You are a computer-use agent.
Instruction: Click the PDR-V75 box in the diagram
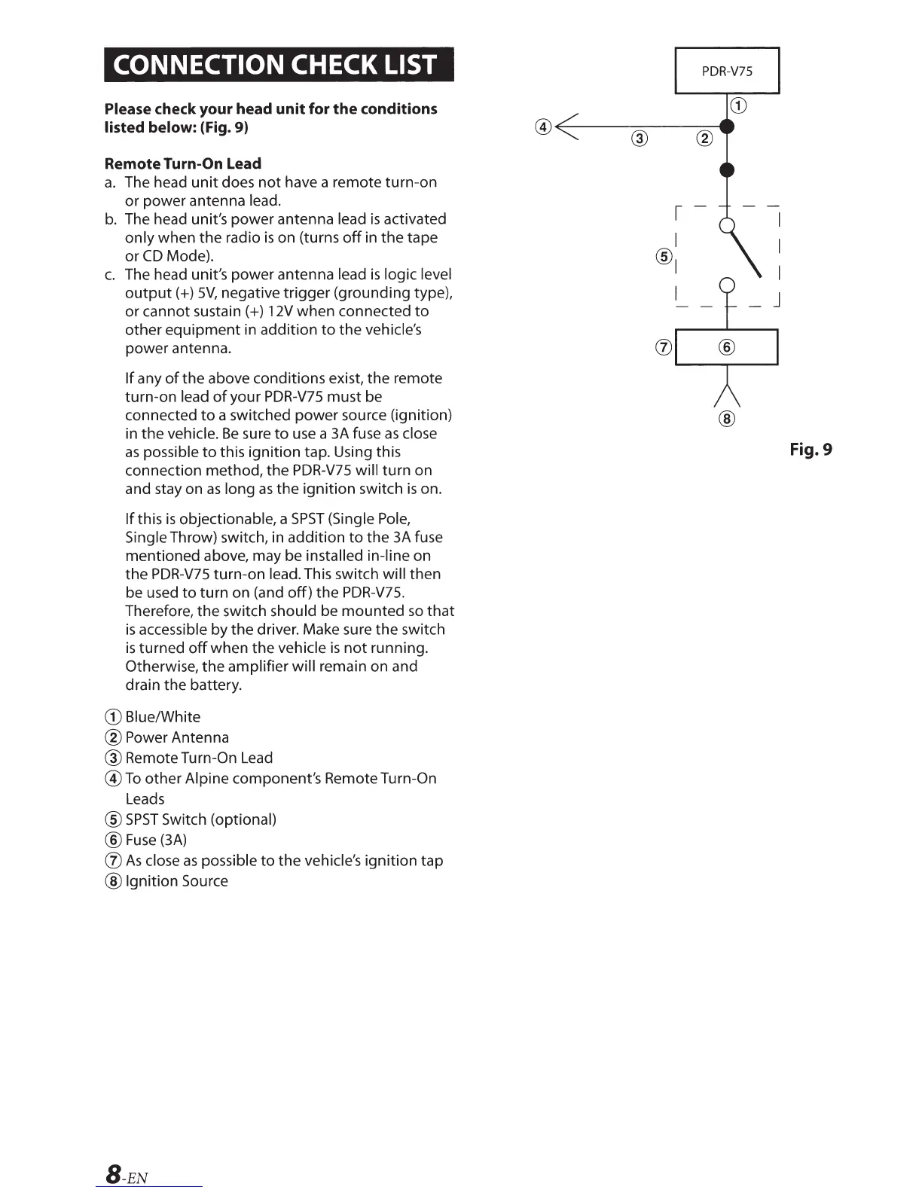click(727, 71)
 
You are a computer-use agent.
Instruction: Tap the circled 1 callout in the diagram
click(739, 105)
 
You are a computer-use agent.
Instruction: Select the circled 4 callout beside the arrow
click(544, 127)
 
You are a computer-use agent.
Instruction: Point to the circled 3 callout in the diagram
click(639, 138)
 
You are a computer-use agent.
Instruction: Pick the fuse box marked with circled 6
click(726, 347)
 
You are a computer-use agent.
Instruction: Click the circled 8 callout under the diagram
click(727, 418)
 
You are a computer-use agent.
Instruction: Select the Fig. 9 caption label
click(811, 450)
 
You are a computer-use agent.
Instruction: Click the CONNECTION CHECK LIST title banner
click(279, 64)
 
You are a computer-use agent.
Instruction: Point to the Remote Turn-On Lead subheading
click(183, 163)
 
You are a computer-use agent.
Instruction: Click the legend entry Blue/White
click(162, 717)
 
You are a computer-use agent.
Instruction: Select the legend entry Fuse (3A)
click(155, 840)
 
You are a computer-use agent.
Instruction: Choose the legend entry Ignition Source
click(176, 881)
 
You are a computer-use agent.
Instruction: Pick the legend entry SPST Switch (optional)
click(200, 819)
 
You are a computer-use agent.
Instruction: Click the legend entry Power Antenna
click(176, 737)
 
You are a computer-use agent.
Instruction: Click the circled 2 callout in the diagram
click(704, 138)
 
